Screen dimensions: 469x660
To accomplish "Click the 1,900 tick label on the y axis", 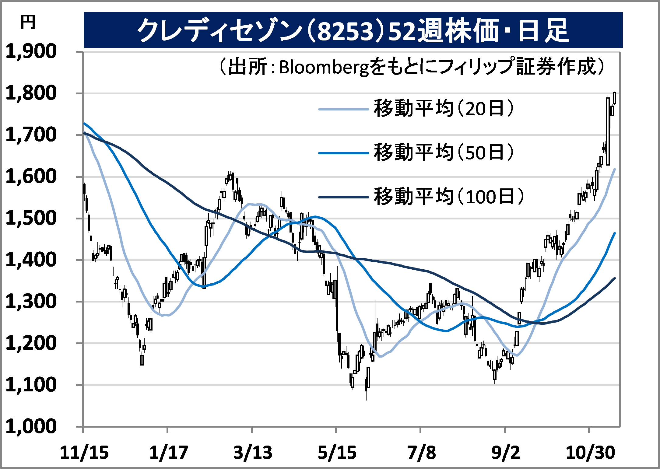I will point(31,51).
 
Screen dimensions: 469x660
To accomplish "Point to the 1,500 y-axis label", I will point(31,218).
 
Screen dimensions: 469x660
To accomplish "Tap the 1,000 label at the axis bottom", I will point(31,426).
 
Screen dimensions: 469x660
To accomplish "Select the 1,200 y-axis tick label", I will point(31,343).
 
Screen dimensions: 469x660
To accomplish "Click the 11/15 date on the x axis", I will point(84,453).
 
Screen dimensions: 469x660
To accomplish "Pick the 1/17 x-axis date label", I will point(168,453).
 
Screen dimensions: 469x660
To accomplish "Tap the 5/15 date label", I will point(337,453).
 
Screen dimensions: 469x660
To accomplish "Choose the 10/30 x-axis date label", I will point(590,453).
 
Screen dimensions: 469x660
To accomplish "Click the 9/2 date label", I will point(506,453).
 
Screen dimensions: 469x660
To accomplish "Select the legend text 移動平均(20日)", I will point(444,108).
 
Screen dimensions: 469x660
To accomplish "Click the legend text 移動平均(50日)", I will point(444,152).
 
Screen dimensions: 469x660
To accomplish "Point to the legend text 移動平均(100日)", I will point(449,196).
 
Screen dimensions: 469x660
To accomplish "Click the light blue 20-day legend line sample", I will point(343,109).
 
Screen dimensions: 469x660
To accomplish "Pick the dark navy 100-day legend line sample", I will point(343,197).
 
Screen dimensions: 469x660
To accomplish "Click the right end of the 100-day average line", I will point(615,278).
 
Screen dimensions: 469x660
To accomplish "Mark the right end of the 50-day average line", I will point(615,233).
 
